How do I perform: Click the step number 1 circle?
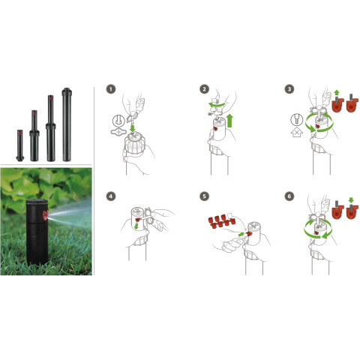(111, 89)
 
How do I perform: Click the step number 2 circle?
(205, 89)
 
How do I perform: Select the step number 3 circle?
(289, 89)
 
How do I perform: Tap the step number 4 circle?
(111, 196)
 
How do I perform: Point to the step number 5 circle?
(205, 196)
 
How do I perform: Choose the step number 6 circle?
(289, 196)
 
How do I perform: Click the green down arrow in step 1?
(133, 129)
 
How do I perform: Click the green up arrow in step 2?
(229, 121)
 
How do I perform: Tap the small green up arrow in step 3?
(337, 92)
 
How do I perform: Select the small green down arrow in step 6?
(351, 199)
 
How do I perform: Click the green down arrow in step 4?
(136, 226)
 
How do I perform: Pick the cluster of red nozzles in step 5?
(221, 220)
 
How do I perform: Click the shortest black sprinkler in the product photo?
(20, 145)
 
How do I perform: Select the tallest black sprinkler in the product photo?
(67, 124)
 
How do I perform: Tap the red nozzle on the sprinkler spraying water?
(45, 215)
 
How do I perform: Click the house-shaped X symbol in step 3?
(297, 132)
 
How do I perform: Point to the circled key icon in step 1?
(118, 121)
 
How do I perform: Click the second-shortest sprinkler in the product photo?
(34, 136)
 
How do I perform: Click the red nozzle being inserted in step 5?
(249, 234)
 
